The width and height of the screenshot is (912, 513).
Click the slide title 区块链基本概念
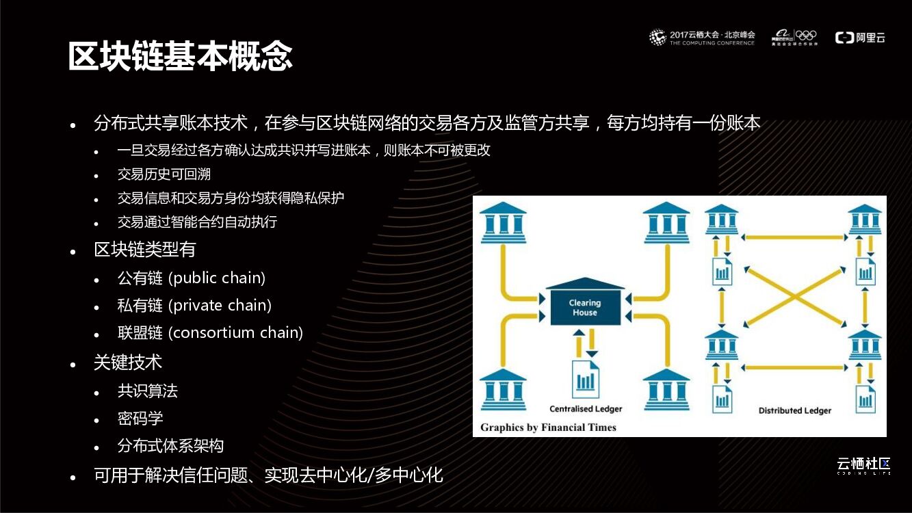coord(181,56)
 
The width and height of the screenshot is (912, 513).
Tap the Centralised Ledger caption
coord(586,409)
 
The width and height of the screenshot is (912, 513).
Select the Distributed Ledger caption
coord(794,410)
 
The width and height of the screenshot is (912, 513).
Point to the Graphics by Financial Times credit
coord(548,428)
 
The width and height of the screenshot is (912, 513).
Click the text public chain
coord(217,278)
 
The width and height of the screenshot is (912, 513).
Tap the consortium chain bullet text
coord(235,333)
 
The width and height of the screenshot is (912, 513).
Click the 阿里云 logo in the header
coord(860,38)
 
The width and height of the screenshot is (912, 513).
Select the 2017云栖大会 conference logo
coord(702,38)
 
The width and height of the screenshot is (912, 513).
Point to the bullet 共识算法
coord(148,391)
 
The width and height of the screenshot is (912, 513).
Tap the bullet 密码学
coord(140,419)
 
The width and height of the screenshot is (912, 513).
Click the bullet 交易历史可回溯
coord(164,174)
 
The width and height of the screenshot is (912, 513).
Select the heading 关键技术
coord(128,363)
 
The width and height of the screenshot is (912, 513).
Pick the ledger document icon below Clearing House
coord(585,378)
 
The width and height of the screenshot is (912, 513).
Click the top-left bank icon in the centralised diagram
coord(504,223)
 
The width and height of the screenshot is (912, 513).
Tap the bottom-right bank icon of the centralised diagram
coord(666,389)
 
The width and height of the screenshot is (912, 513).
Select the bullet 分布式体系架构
coord(170,446)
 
